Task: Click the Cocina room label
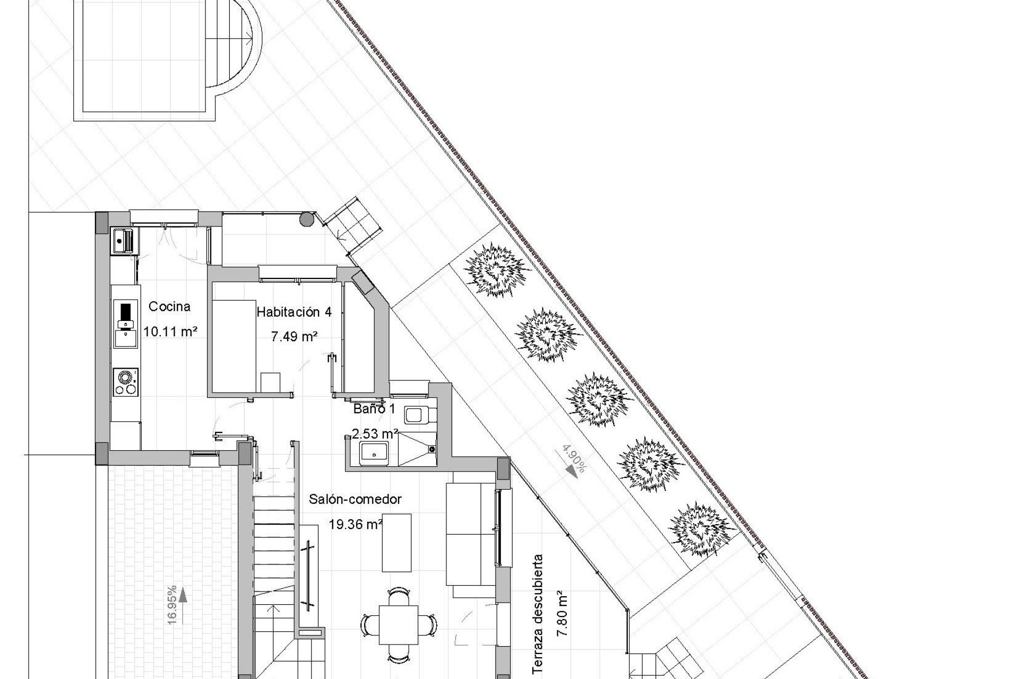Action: [169, 307]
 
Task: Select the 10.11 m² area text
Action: [170, 332]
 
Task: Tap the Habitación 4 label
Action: [294, 312]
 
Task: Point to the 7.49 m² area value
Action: [295, 336]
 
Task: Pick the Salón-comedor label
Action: [355, 499]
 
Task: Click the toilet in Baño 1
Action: [419, 415]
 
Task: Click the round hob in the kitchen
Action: [126, 377]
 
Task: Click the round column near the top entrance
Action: [306, 219]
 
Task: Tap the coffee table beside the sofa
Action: [396, 542]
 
